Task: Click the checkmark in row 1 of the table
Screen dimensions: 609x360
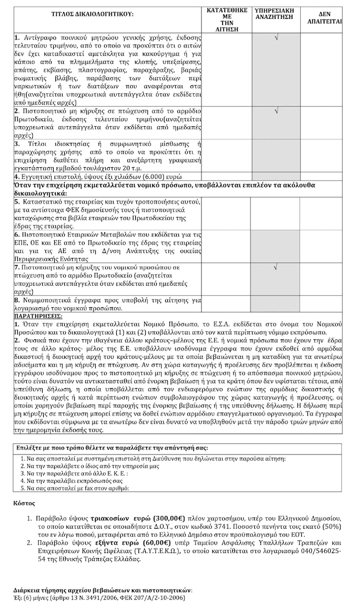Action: (276, 38)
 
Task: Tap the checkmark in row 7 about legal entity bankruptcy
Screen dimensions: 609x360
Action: (276, 268)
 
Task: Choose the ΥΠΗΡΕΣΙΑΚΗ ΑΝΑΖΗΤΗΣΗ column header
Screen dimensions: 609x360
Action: (276, 14)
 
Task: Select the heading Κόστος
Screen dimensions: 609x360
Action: (24, 503)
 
